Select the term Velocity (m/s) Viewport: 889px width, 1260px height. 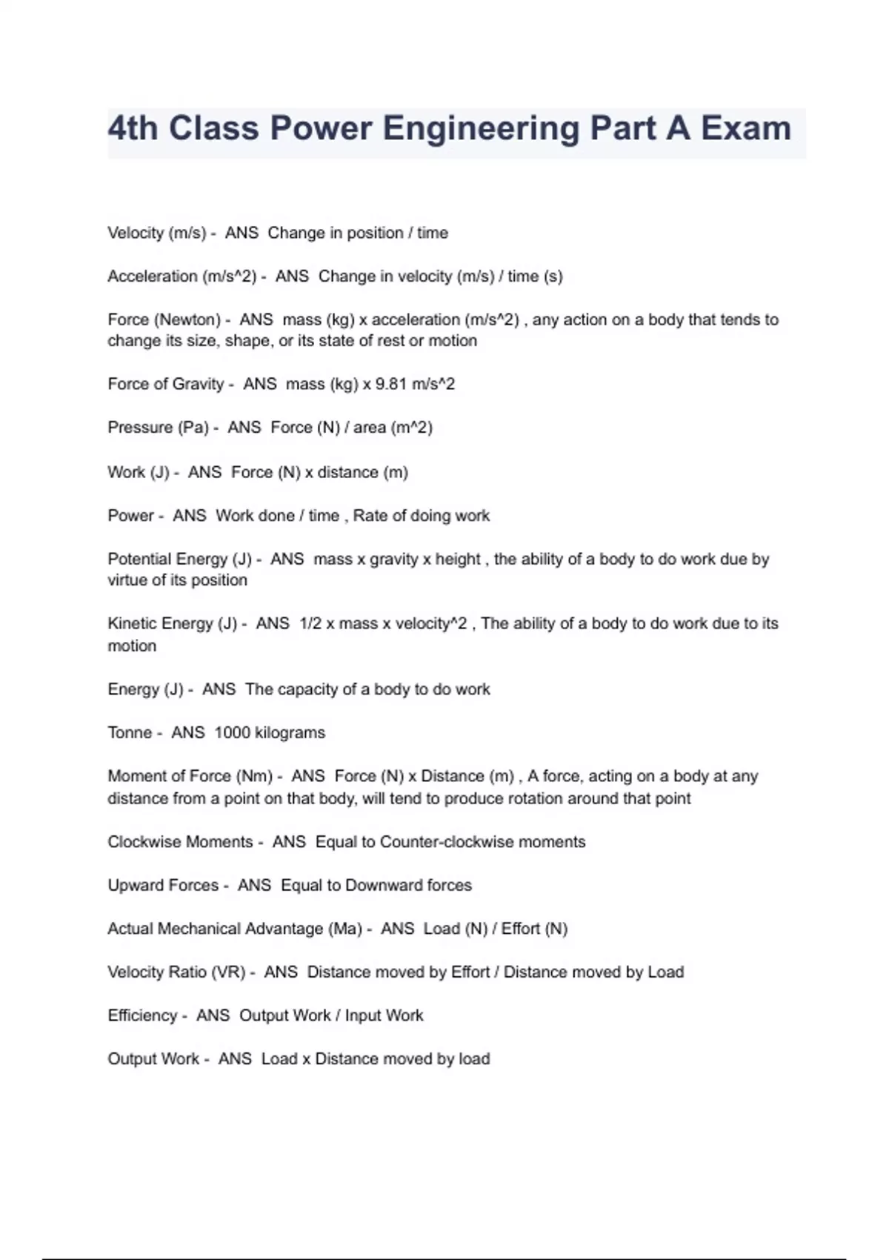(156, 233)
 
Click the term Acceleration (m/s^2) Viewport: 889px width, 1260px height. (182, 276)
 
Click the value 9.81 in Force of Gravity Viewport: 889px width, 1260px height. (390, 384)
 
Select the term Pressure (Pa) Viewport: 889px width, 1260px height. (158, 428)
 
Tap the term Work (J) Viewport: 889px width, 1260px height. (139, 472)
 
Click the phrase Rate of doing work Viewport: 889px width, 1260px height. (421, 516)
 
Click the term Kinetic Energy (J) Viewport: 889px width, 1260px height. (172, 623)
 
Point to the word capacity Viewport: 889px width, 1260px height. (307, 689)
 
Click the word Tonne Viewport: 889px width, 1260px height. (130, 732)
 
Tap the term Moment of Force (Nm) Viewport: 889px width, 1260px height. (190, 776)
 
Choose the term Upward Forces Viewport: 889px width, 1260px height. (163, 885)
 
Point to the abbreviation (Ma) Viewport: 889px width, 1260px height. (344, 929)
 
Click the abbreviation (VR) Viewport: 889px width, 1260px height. (228, 972)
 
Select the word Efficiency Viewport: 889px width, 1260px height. (142, 1015)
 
